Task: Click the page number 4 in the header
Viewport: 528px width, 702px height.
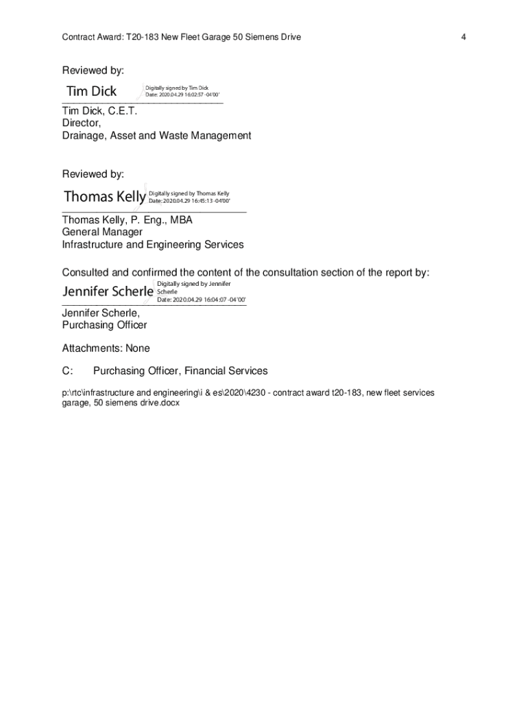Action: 464,37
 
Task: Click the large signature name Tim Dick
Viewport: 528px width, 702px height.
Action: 91,91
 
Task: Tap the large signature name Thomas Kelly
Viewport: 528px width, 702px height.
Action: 104,197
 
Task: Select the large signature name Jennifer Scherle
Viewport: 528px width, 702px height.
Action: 108,291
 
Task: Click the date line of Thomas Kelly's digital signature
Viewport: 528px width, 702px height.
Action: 189,201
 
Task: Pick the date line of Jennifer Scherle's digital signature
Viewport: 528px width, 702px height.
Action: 201,300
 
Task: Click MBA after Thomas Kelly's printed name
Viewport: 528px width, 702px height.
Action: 179,220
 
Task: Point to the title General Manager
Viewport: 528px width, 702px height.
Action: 102,232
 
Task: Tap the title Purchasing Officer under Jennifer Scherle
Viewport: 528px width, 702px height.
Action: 104,325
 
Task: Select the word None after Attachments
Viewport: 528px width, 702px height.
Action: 137,348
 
